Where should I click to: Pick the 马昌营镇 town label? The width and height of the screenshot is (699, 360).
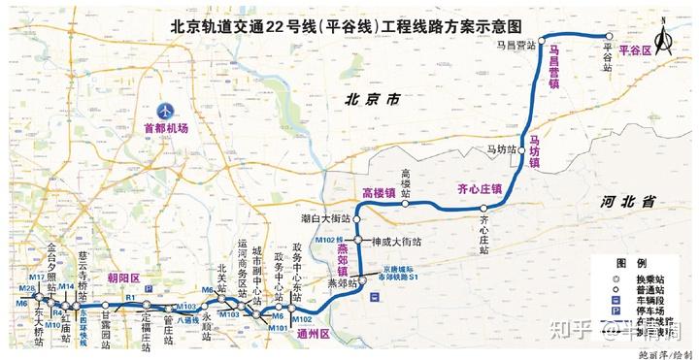[x=554, y=66]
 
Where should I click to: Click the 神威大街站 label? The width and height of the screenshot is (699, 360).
[x=397, y=241]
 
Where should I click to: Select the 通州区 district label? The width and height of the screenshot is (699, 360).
[x=314, y=333]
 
